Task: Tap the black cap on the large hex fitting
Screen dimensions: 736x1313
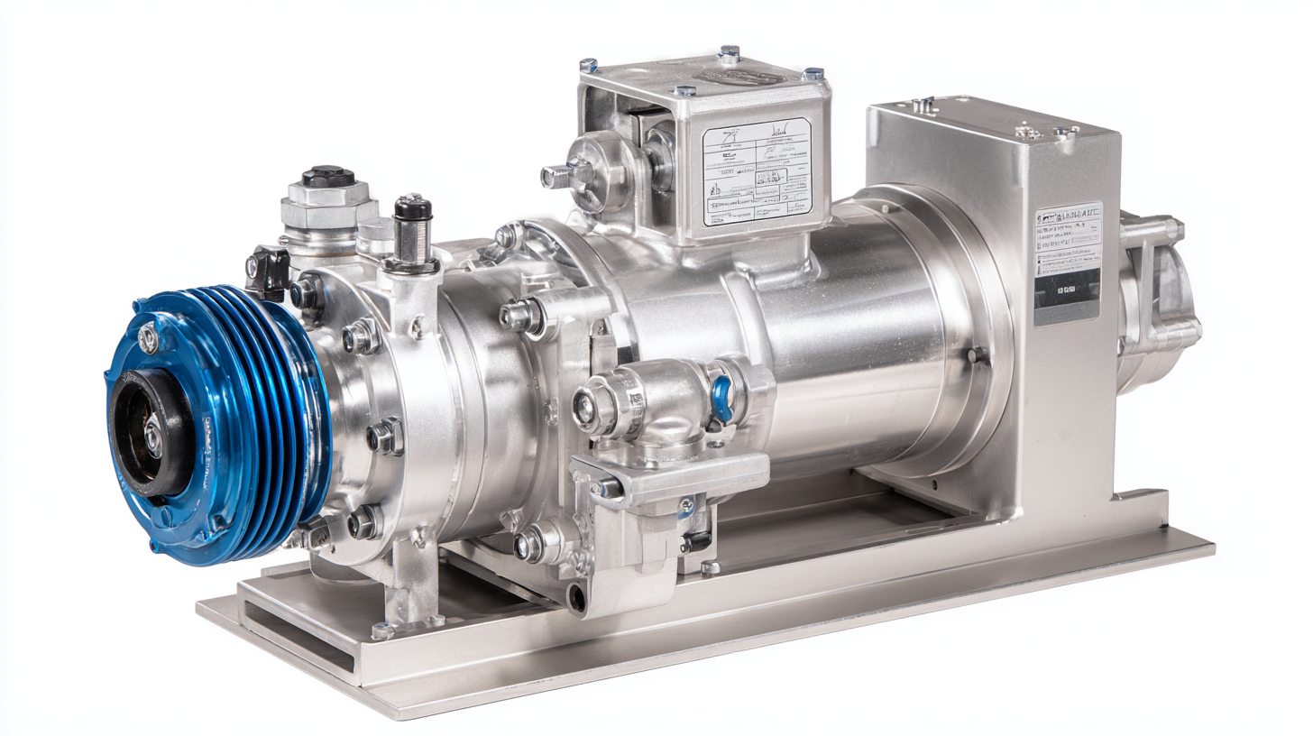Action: (327, 175)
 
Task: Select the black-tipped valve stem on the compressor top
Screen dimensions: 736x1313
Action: (414, 209)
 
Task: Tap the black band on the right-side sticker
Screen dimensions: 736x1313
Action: (1067, 290)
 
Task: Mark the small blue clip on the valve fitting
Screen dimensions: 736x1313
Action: (721, 398)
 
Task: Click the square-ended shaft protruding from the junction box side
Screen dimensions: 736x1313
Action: (552, 176)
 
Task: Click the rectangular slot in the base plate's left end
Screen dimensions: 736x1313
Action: (298, 636)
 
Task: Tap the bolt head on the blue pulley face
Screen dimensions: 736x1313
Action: (148, 339)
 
